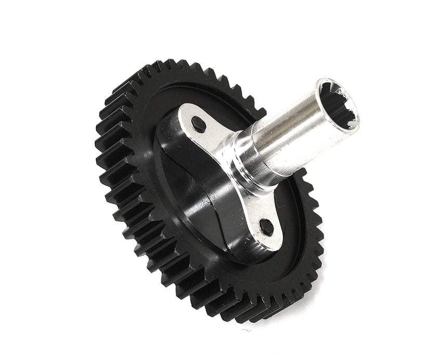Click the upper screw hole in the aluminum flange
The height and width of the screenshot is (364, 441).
198,123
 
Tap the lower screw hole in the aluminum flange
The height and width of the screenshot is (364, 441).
266,226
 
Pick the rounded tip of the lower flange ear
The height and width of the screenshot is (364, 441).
273,240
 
